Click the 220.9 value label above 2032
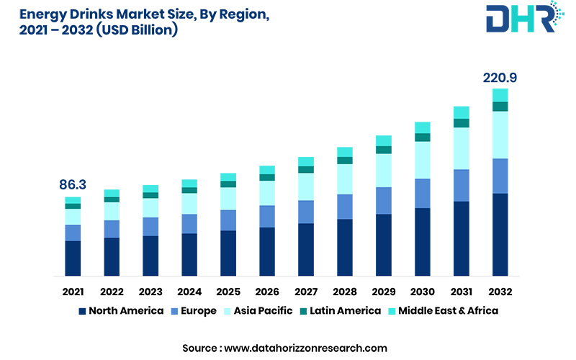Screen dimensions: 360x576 500,78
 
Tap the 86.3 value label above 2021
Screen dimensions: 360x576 73,185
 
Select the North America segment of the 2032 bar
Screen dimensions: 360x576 500,234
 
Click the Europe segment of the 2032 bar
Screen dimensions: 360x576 500,176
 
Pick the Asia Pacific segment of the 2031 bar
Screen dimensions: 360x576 461,148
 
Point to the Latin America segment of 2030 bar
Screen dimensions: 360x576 423,138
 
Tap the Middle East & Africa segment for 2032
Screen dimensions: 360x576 500,95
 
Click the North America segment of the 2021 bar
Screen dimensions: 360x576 73,258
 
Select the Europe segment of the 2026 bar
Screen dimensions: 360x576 267,216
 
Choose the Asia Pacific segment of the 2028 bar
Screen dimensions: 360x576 345,179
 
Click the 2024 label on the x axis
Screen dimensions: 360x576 189,292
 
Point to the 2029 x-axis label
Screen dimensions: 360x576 384,292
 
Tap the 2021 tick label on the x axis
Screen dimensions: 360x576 73,292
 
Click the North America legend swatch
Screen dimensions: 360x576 82,311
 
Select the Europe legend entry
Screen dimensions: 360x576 194,311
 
